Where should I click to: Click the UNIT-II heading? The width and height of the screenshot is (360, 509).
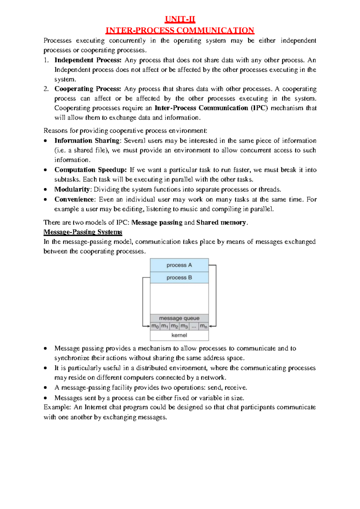pos(180,20)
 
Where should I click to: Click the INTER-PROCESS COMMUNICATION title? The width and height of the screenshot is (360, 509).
pos(180,30)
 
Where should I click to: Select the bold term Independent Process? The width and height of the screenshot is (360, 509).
pos(88,60)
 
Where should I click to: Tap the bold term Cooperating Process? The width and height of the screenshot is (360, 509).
pos(88,89)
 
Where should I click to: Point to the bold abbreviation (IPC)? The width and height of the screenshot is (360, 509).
pos(259,108)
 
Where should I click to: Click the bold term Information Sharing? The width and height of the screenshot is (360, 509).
pos(87,141)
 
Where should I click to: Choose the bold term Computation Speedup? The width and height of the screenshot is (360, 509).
pos(91,170)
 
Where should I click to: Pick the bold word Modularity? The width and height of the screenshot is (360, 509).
pos(72,189)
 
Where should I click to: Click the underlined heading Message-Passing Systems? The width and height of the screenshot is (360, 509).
pos(83,232)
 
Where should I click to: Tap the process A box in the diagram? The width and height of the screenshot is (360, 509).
pos(179,265)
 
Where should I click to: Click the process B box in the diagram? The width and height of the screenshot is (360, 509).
pos(179,278)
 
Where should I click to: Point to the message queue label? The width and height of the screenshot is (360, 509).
pos(179,318)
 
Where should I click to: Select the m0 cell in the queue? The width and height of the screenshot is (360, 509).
pos(155,326)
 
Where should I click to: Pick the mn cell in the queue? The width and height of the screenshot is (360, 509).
pos(204,326)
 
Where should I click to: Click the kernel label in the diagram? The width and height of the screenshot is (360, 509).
pos(179,335)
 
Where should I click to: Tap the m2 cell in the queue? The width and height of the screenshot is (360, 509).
pos(174,326)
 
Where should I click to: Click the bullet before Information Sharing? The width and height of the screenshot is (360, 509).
pos(45,141)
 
